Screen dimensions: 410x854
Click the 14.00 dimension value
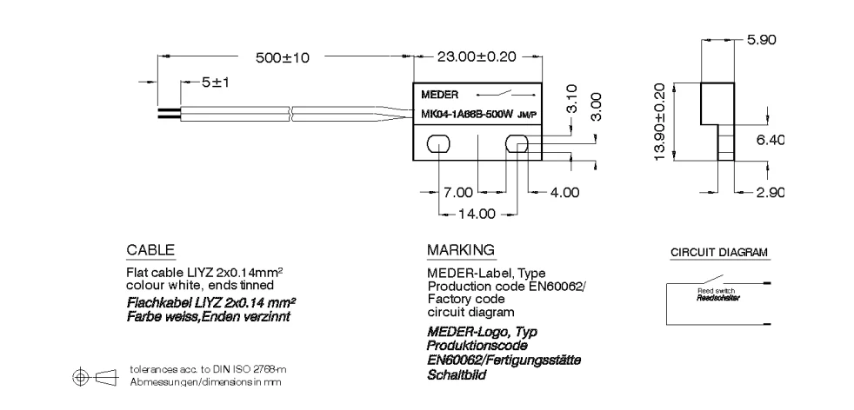(x=477, y=212)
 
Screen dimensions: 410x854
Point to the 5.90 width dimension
(x=761, y=40)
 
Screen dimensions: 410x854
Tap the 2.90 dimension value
(x=770, y=192)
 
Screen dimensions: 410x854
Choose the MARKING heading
(x=460, y=250)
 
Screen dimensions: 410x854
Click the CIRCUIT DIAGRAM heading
(x=718, y=253)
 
